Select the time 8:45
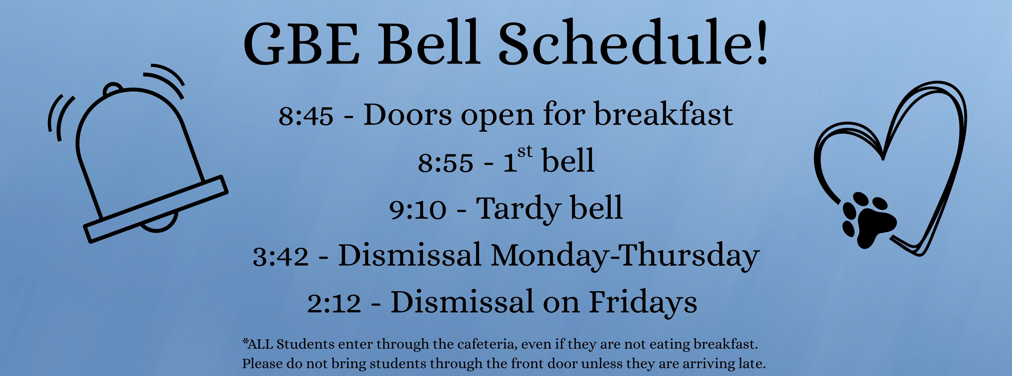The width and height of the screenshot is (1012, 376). pos(306,116)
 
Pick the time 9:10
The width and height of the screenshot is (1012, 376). pos(418,209)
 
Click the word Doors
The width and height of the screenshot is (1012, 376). pos(407,115)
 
